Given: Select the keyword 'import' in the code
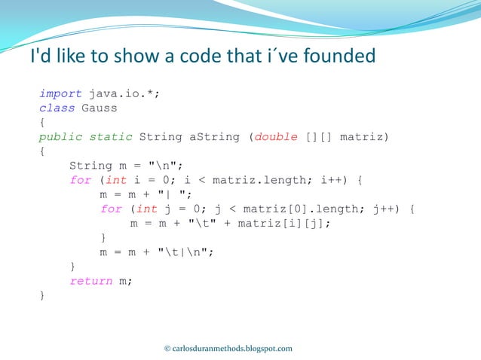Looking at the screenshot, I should click(60, 94).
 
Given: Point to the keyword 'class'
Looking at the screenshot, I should click(57, 108).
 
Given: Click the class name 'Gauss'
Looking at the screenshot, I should click(99, 108).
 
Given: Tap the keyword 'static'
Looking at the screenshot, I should click(111, 137).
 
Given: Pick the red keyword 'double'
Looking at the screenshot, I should click(277, 137).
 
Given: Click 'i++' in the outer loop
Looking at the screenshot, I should click(329, 180).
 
